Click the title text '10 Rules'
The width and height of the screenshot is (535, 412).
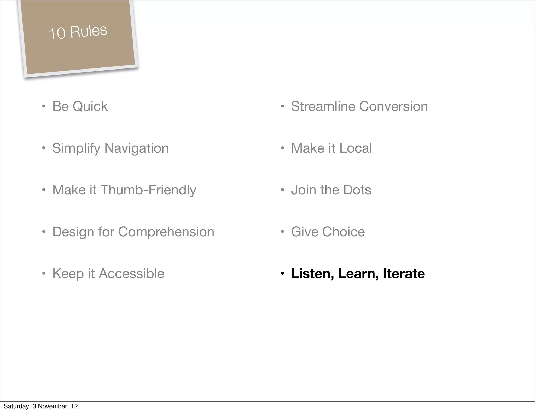(x=78, y=32)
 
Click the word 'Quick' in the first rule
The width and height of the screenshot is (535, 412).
(x=90, y=106)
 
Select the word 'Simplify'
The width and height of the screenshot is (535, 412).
(x=76, y=148)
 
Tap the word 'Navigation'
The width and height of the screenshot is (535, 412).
(x=136, y=148)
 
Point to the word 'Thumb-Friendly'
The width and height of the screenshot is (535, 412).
(x=148, y=190)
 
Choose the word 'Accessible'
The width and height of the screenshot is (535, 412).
(x=131, y=274)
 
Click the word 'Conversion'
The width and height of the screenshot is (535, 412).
(x=393, y=106)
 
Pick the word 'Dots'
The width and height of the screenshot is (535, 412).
(x=357, y=190)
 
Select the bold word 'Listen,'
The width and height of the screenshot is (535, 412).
(x=312, y=274)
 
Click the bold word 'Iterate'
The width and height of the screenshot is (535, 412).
(x=404, y=274)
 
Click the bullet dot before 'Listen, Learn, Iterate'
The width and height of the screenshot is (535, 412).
(x=282, y=274)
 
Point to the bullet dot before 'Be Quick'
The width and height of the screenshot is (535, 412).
(x=44, y=106)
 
